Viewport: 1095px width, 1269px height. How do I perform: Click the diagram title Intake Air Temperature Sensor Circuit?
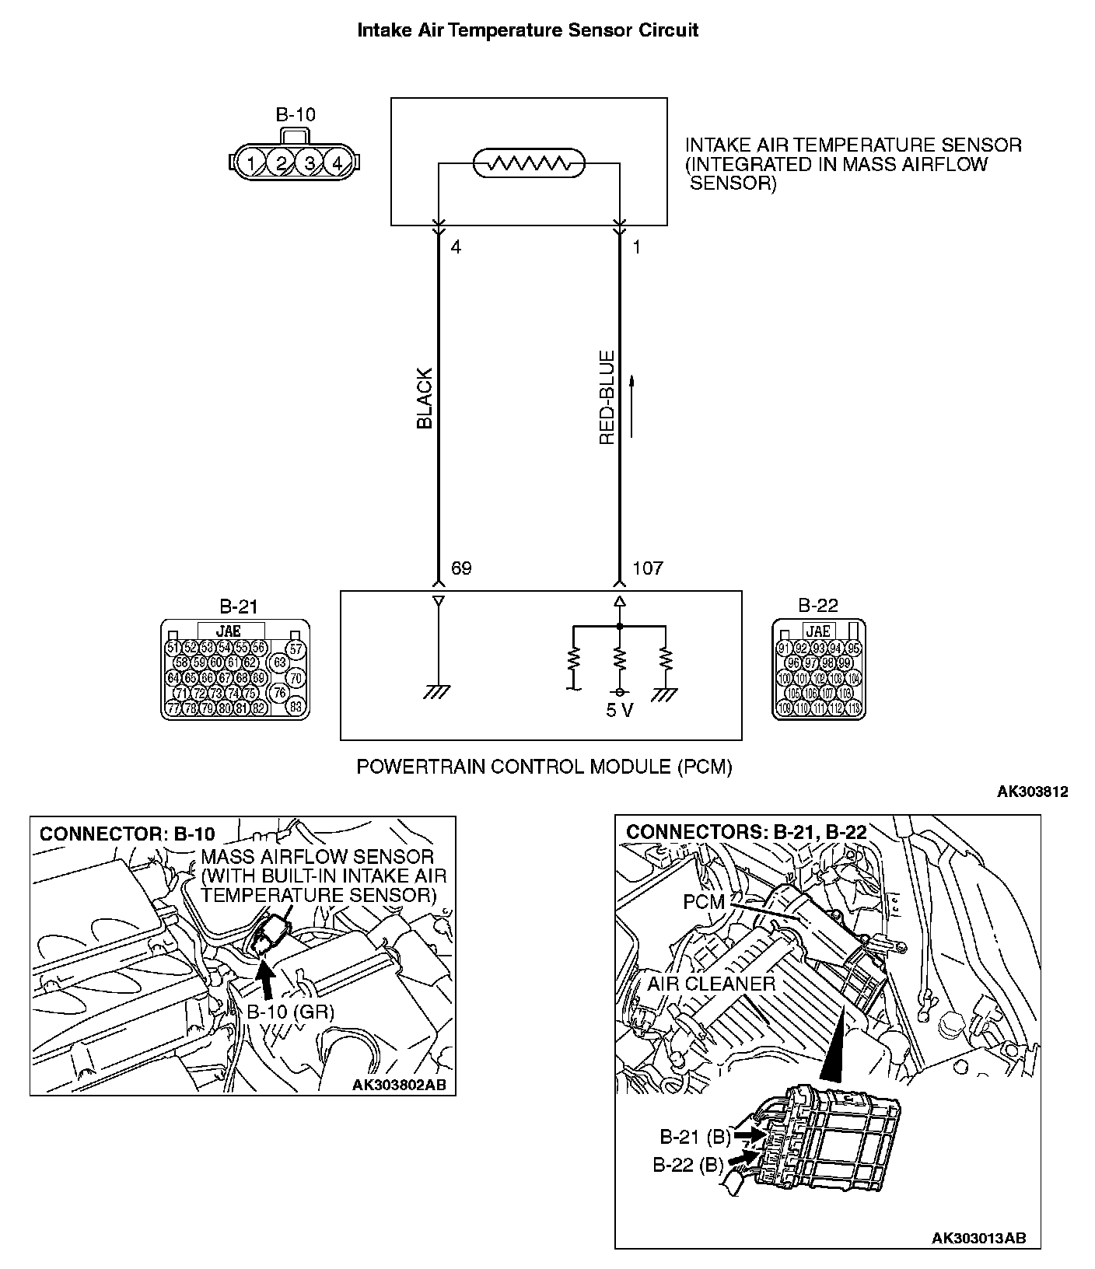[x=527, y=30]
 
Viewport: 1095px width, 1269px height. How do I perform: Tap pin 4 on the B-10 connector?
[x=338, y=163]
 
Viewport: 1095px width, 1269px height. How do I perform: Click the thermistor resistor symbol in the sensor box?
[x=529, y=164]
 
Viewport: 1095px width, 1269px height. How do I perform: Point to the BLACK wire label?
[x=425, y=398]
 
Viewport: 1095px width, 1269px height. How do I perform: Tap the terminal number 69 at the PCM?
[x=461, y=568]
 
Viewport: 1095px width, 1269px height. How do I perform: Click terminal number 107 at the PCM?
[x=647, y=568]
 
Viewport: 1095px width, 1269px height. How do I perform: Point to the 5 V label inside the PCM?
[x=620, y=711]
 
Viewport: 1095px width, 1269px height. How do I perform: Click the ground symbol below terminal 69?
[x=438, y=692]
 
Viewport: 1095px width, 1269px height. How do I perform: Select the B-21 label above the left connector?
[x=238, y=606]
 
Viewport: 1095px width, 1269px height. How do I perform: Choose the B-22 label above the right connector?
[x=818, y=606]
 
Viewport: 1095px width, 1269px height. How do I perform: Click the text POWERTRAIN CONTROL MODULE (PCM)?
[x=544, y=767]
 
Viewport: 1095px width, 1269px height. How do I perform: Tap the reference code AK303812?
[x=1032, y=792]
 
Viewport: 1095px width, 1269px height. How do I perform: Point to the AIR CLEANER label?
[x=711, y=984]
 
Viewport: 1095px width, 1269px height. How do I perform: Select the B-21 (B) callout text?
[x=695, y=1138]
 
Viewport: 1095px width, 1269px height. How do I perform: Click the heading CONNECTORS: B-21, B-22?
[x=746, y=832]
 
